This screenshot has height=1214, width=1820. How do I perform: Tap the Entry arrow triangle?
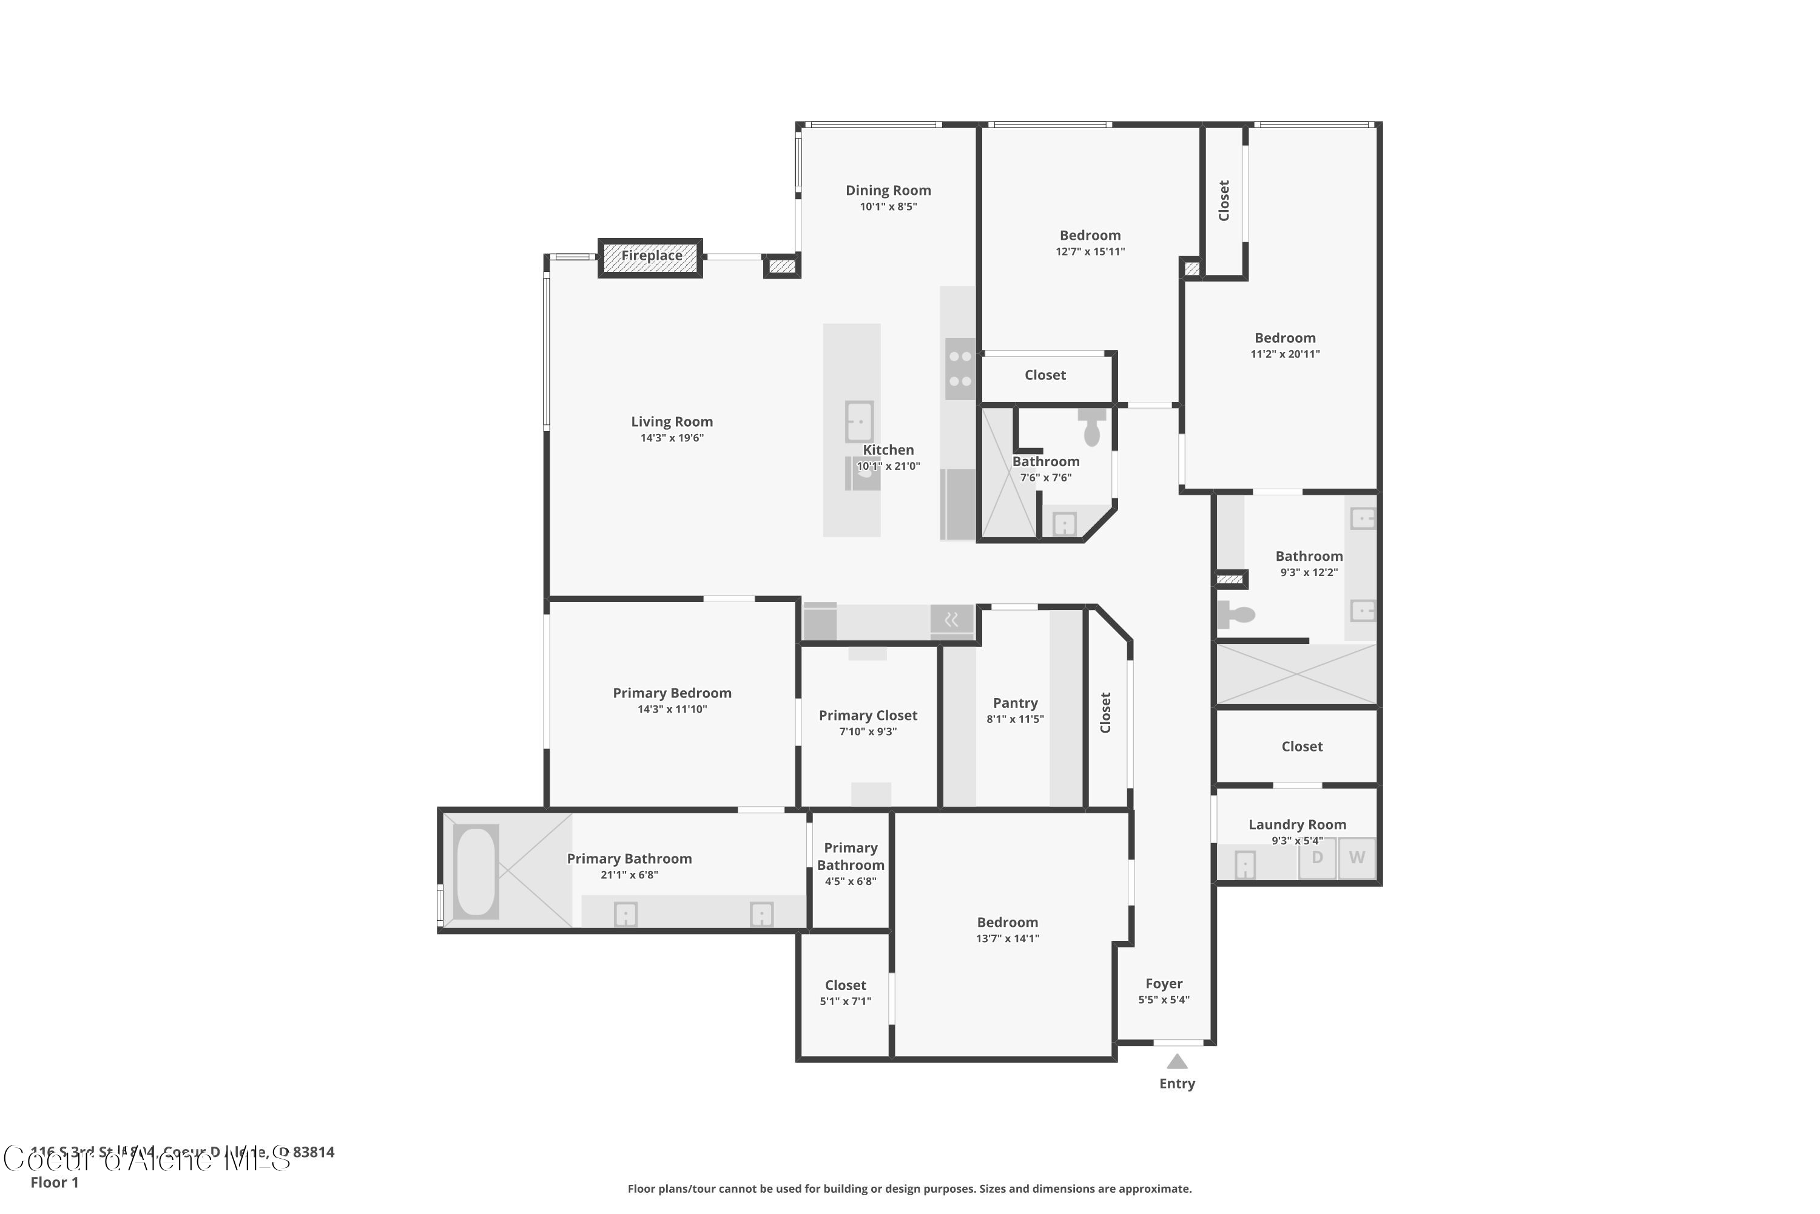pos(1177,1062)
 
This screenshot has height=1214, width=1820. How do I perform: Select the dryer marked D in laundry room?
pos(1317,858)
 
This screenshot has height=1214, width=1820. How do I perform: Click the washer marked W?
pos(1357,858)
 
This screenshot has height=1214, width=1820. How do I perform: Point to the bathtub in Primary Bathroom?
pos(476,872)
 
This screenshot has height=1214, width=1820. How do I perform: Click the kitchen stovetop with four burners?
pos(960,369)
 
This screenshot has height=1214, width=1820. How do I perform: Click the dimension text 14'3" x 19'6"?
pos(672,438)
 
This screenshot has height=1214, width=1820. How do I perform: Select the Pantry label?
pos(1014,703)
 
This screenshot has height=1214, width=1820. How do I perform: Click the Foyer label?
pos(1164,983)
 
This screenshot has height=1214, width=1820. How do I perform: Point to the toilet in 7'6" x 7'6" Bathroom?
pos(1091,427)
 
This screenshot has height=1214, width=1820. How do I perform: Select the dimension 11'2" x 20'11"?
pos(1284,354)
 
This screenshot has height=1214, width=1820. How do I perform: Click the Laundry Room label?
pos(1297,824)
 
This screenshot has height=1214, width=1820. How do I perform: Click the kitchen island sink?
pos(859,422)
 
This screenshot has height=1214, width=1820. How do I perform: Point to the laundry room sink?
pos(1244,864)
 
